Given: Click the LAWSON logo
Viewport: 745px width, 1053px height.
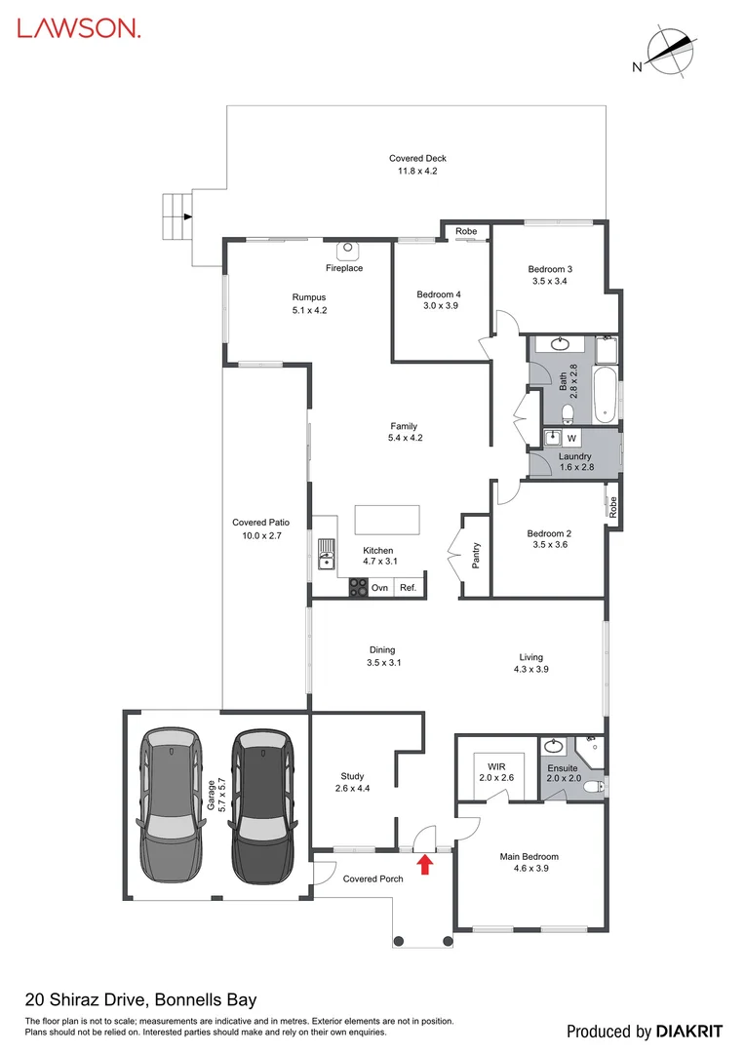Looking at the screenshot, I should (x=79, y=28).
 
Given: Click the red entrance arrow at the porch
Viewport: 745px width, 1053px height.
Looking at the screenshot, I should (x=424, y=864).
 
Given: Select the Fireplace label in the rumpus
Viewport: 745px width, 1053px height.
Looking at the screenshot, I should (x=344, y=268).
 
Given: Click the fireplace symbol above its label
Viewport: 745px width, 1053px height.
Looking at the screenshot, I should (x=349, y=249).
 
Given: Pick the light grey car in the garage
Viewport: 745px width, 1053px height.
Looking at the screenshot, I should (x=173, y=806).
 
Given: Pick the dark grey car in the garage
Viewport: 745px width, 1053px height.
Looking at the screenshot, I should (x=261, y=806).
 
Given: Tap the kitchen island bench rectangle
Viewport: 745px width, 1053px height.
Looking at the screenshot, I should (x=386, y=518).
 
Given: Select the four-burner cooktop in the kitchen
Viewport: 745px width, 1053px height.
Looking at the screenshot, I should (x=359, y=587).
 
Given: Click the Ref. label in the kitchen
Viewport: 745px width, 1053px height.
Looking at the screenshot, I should (x=408, y=588).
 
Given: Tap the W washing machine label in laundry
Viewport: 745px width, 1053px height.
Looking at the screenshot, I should (x=571, y=438).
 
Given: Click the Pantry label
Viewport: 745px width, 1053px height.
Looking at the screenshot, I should (x=475, y=556).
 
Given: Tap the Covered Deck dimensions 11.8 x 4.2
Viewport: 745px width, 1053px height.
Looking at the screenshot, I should (x=417, y=171).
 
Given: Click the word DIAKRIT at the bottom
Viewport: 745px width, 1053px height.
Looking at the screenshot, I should (x=689, y=1031).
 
